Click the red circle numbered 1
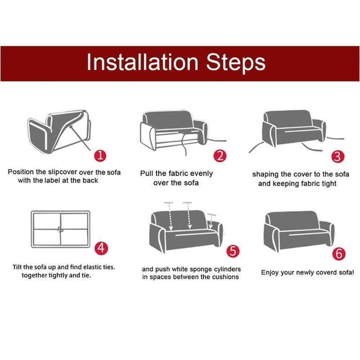tap(100, 156)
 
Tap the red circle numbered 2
tap(220, 156)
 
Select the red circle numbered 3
tap(338, 157)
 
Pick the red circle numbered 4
tap(101, 248)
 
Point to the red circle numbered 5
tap(233, 251)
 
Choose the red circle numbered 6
tap(339, 254)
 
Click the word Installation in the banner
tap(142, 62)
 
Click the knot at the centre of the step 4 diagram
tap(60, 229)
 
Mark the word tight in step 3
tap(329, 184)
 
